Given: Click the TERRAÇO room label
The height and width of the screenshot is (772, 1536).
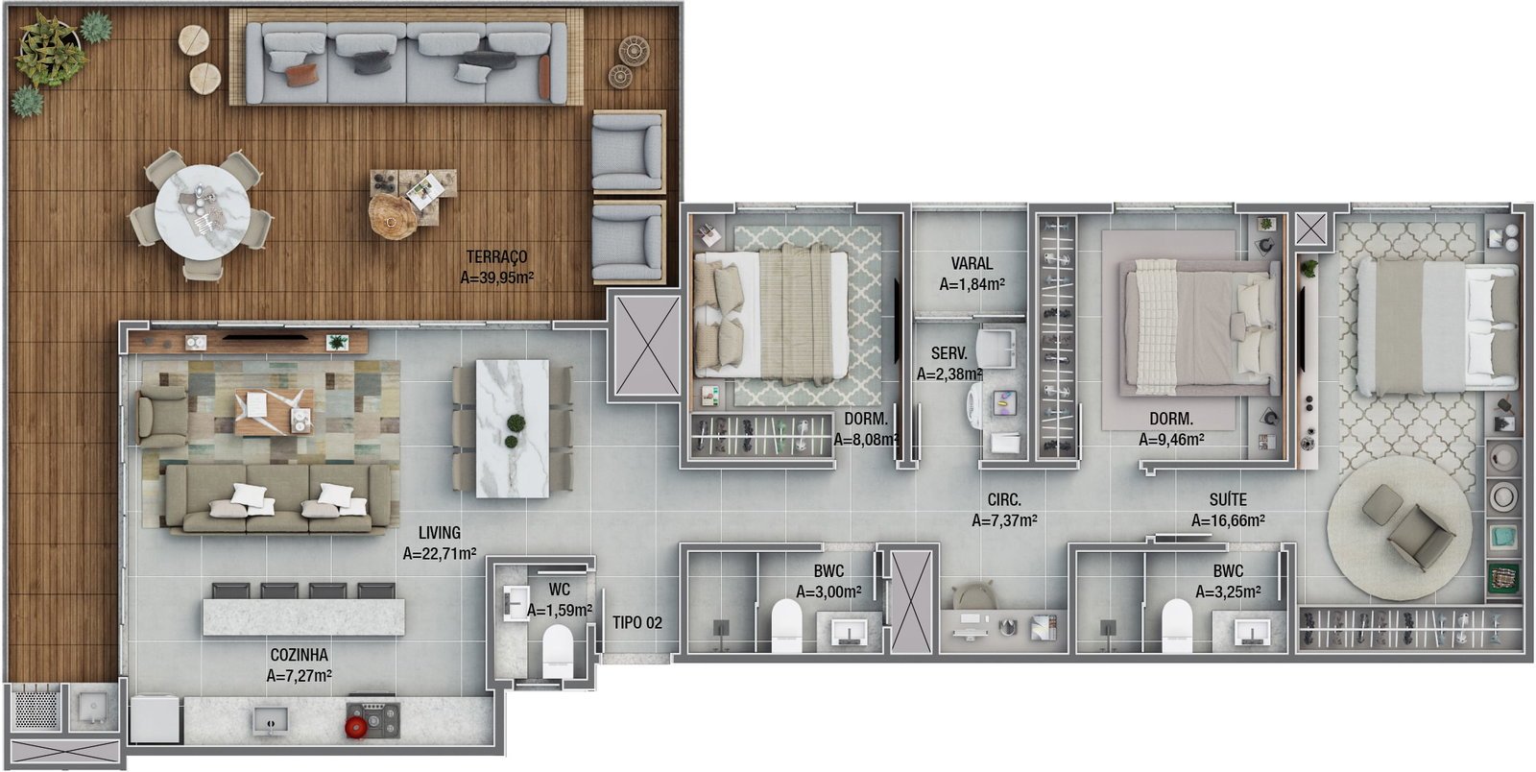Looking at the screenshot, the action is (x=497, y=257).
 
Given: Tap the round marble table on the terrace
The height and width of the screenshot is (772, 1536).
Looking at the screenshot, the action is (x=202, y=212).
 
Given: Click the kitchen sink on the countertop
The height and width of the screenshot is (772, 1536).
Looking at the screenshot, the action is (x=270, y=720).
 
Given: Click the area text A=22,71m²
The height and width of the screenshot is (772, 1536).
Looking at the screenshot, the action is (x=440, y=553).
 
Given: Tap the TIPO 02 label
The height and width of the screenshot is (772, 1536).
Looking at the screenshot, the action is (x=637, y=622).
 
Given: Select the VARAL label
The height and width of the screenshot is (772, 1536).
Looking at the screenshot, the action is (x=972, y=263).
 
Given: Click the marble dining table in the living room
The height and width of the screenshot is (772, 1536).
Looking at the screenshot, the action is (x=513, y=428).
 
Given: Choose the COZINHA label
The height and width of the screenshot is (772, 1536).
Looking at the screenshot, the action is (x=299, y=655).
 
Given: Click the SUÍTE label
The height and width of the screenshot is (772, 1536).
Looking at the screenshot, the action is (x=1228, y=499).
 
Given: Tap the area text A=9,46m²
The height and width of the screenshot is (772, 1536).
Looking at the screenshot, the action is (x=1171, y=440).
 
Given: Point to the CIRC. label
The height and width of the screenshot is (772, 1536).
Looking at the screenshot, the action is (x=1004, y=500).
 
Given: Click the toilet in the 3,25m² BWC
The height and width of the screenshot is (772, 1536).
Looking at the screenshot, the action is (x=1177, y=625).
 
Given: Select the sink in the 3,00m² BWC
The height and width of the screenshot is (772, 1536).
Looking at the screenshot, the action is (x=849, y=632).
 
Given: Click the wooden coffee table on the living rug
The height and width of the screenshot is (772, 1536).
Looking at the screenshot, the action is (x=274, y=411).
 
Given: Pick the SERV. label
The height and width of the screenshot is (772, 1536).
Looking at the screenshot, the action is (x=949, y=353).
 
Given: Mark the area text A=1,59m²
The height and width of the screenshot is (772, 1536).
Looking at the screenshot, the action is (x=560, y=610).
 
